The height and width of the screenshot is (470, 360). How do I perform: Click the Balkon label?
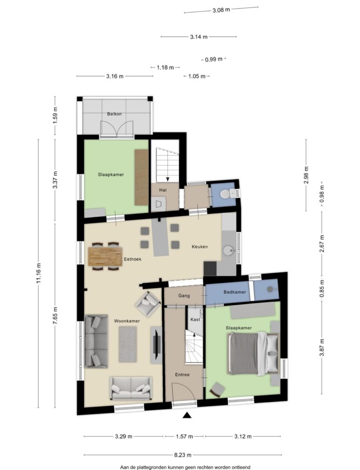(114, 114)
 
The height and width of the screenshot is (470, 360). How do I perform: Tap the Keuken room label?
(200, 247)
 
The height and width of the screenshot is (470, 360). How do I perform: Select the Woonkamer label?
(127, 321)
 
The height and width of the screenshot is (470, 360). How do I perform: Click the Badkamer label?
(235, 292)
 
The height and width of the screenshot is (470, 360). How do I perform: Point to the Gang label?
(184, 296)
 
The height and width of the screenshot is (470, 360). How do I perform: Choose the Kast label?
(195, 319)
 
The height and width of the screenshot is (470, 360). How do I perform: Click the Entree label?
(182, 375)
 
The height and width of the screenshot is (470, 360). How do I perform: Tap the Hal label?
(163, 190)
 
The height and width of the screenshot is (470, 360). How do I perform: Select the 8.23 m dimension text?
(183, 455)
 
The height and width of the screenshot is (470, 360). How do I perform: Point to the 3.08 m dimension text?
(221, 10)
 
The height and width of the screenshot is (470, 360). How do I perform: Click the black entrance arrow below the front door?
(187, 415)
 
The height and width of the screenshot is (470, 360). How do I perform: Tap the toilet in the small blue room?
(225, 194)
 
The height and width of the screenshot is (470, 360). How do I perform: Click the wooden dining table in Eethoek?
(106, 256)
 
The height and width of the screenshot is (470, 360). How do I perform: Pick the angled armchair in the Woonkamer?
(148, 303)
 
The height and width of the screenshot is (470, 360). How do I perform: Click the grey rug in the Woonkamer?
(128, 344)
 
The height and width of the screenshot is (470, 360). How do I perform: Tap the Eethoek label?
(132, 259)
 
